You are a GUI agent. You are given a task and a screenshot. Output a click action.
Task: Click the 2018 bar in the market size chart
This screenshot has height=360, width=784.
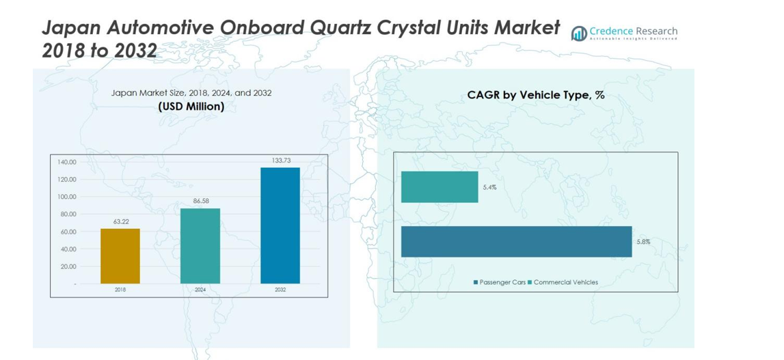point(120,256)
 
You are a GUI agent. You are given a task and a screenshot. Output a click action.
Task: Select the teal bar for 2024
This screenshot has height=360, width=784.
point(200,246)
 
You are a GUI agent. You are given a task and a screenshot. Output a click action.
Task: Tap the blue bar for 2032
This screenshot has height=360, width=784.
point(280,225)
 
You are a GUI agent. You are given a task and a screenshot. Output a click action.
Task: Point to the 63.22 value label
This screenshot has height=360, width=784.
point(120,222)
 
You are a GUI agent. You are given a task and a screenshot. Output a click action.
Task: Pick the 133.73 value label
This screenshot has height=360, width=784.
point(280,161)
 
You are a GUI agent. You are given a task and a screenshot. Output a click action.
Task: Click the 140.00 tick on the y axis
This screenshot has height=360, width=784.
point(67,163)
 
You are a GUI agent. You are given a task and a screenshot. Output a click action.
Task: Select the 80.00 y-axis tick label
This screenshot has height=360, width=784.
point(67,214)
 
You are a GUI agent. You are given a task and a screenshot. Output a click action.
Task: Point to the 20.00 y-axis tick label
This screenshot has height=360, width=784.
point(68,266)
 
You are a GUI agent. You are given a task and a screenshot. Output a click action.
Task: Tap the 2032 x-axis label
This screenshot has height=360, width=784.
point(280,290)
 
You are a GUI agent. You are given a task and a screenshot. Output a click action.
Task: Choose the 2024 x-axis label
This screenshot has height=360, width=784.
point(200,290)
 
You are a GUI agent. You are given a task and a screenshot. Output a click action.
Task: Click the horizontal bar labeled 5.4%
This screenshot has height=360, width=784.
point(440,187)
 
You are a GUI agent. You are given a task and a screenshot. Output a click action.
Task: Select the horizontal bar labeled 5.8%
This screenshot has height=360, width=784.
point(516,241)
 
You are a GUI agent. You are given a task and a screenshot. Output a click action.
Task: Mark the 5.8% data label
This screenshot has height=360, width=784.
point(643,242)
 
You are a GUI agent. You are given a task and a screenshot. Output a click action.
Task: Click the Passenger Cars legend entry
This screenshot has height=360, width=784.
point(499,282)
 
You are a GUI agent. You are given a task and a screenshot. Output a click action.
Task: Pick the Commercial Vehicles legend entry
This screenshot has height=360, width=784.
point(565,282)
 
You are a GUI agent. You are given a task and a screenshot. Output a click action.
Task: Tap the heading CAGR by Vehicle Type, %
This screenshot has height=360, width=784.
point(535,95)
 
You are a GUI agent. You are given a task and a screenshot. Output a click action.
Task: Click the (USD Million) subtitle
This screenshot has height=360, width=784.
point(191,107)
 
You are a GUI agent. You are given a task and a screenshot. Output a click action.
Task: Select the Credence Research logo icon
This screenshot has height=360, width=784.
point(579,33)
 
